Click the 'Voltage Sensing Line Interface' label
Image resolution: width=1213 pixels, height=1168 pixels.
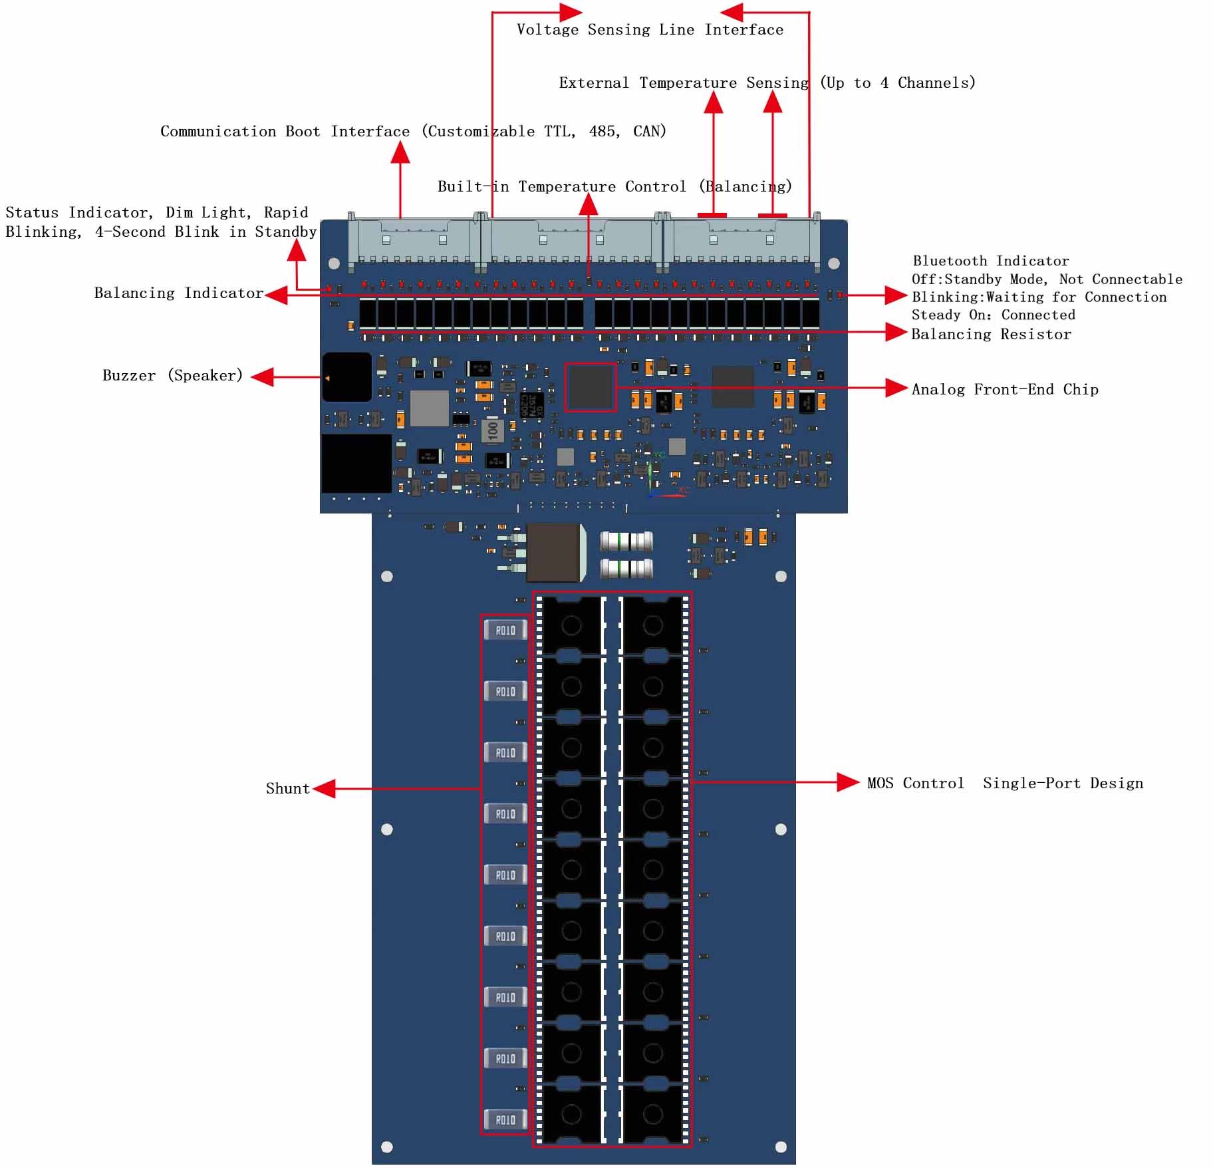coord(650,30)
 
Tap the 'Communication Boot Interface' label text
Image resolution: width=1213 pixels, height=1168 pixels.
coord(285,131)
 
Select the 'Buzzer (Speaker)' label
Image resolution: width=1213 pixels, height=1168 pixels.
coord(172,376)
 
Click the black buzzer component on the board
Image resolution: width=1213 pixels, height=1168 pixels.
coord(346,377)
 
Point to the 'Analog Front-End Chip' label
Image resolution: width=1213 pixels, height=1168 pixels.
coord(1004,390)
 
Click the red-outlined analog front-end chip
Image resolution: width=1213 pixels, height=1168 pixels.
coord(590,387)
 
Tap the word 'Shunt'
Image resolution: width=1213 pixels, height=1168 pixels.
coord(287,789)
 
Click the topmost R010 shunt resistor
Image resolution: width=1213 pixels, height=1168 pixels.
coord(505,630)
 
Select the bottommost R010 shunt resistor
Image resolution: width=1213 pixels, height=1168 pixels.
coord(505,1119)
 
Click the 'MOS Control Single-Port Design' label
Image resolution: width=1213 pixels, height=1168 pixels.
coord(1005,784)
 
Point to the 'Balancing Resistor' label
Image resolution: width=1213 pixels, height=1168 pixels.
coord(991,335)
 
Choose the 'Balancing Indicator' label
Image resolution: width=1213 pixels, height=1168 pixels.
coord(178,293)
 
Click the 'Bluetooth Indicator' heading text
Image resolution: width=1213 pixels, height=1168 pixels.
coord(990,261)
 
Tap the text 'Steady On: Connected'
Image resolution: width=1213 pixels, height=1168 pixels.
coord(993,315)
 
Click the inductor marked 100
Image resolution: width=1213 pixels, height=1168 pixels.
coord(493,429)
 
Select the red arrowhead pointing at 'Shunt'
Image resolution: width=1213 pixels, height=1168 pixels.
coord(324,789)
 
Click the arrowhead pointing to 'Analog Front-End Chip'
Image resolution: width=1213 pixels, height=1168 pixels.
coord(896,388)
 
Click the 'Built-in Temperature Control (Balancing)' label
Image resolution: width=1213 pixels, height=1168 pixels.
coord(614,187)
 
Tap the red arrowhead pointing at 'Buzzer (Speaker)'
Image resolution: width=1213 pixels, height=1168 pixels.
coord(263,377)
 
